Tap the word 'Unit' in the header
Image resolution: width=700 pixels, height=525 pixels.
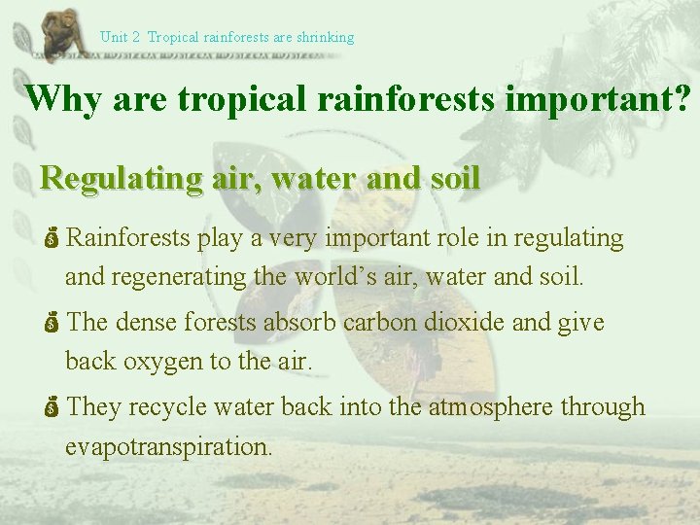click(114, 38)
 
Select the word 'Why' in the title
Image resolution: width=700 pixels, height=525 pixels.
click(64, 98)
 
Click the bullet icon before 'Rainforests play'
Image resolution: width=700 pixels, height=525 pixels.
click(52, 238)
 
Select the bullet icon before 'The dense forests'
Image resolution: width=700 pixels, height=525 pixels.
click(52, 323)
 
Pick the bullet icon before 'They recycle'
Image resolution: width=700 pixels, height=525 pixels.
click(52, 407)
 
